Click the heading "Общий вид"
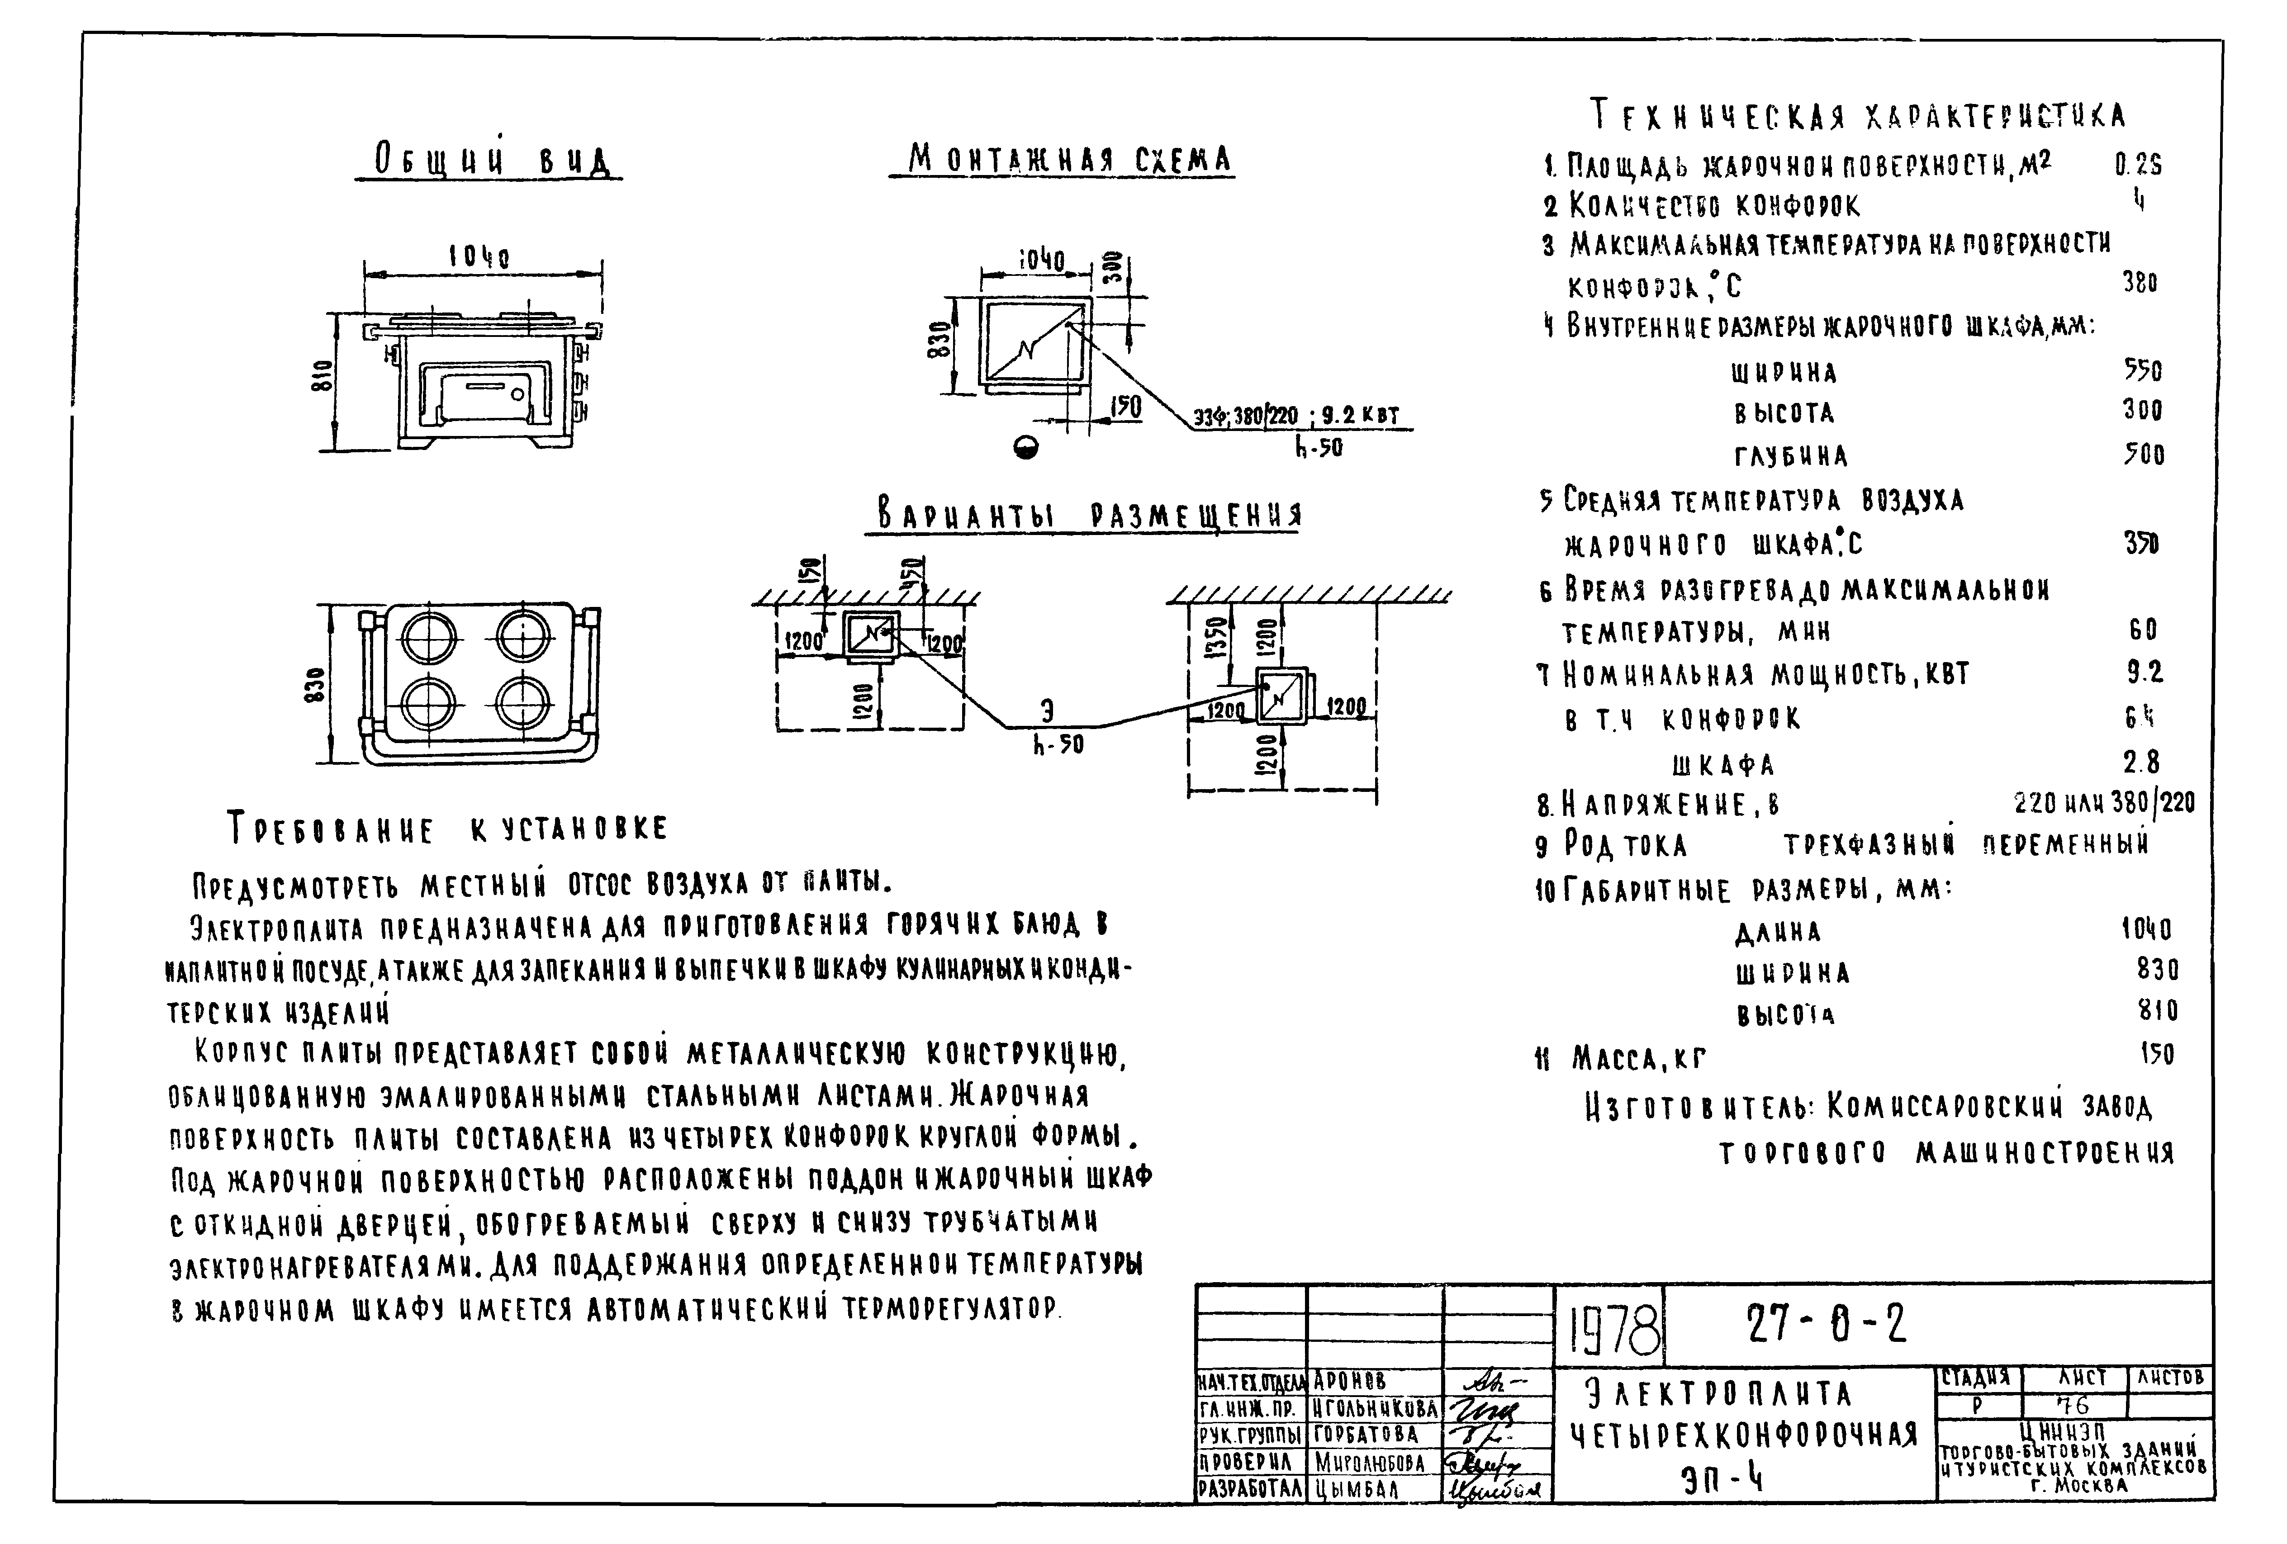click(489, 161)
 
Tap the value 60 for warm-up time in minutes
click(2142, 629)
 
